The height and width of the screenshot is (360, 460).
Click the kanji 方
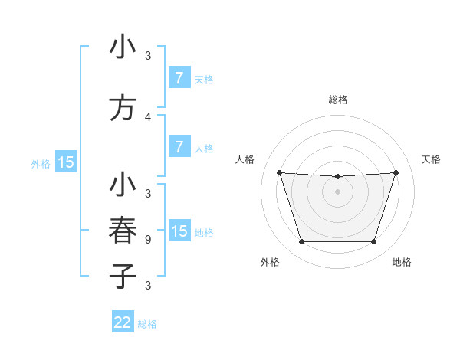click(x=123, y=108)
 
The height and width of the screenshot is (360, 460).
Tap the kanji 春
click(x=123, y=231)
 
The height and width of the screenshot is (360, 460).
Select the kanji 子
click(x=123, y=276)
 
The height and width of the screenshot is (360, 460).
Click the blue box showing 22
click(x=123, y=322)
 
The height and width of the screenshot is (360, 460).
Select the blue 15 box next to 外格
click(x=66, y=162)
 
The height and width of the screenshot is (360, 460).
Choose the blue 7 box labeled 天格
click(x=179, y=78)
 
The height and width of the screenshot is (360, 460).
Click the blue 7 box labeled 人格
click(x=179, y=147)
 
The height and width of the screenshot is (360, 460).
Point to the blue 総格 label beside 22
click(x=147, y=324)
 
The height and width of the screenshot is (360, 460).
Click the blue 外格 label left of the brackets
click(x=41, y=163)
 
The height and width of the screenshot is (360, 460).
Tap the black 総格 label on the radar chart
click(x=337, y=100)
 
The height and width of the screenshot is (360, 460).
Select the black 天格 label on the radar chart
click(x=431, y=159)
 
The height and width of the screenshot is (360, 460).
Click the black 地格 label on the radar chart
click(x=402, y=262)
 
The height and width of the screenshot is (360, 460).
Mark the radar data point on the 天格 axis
click(x=396, y=172)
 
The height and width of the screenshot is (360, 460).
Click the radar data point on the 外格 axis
click(x=301, y=242)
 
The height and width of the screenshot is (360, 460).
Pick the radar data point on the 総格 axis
click(x=337, y=177)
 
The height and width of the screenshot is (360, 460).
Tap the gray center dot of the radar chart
click(x=337, y=191)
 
